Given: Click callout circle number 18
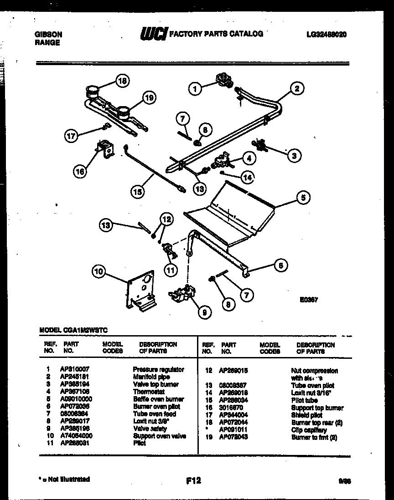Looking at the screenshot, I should tap(122, 82).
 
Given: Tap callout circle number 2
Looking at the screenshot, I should tap(296, 89).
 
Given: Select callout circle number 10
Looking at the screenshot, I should tap(98, 272).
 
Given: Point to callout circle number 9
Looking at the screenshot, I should tap(204, 312).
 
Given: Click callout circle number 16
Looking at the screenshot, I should tap(79, 172).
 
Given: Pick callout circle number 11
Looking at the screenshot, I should tap(170, 270).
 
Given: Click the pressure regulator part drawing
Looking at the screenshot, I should tap(224, 80).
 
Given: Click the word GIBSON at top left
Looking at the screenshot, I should tap(49, 34).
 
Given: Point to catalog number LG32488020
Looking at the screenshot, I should tap(327, 34).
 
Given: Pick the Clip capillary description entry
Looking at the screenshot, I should tap(309, 430).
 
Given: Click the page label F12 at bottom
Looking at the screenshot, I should tap(194, 480).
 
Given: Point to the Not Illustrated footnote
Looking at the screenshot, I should tap(63, 479).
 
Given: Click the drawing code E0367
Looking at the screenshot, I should tap(308, 300).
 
